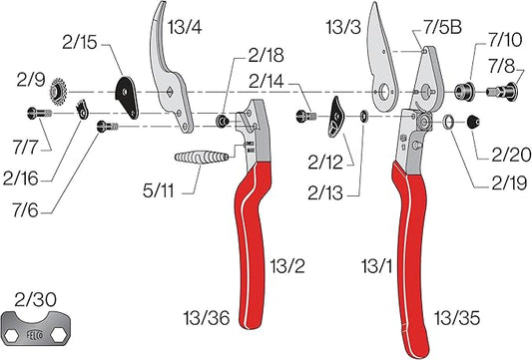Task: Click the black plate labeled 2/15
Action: (x=128, y=92)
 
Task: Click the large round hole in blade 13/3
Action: (x=382, y=95)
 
